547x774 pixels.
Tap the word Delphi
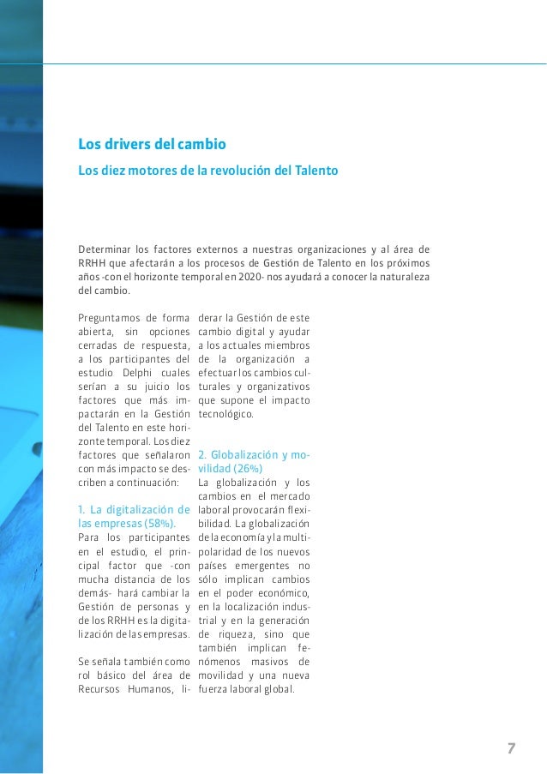point(130,374)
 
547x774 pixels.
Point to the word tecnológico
point(225,414)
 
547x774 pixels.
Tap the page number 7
point(511,748)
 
